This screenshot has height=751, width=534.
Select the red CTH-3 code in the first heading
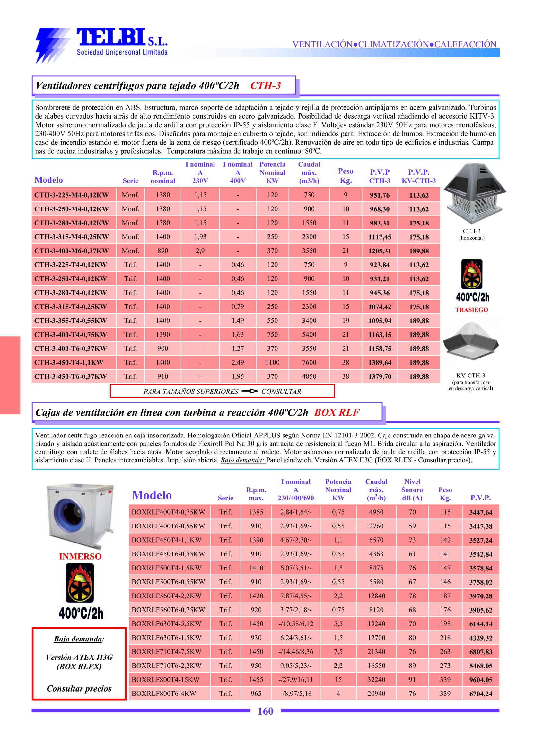(265, 85)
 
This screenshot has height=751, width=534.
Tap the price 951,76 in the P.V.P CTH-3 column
(380, 195)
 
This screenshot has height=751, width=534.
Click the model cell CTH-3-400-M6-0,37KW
(71, 251)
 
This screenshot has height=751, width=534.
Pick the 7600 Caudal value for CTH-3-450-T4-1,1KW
(309, 363)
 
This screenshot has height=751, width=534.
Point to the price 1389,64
(380, 363)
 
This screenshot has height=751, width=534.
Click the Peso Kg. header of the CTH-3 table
(345, 176)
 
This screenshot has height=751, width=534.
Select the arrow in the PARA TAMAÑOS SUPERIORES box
(249, 391)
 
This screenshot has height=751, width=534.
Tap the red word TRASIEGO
(471, 310)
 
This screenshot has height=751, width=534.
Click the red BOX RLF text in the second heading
(337, 412)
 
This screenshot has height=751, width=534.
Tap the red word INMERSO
(80, 557)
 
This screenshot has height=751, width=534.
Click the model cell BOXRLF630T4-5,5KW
(166, 624)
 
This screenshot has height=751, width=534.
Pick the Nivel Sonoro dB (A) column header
(412, 490)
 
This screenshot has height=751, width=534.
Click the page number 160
(265, 711)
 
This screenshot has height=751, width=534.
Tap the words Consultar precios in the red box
(79, 689)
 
